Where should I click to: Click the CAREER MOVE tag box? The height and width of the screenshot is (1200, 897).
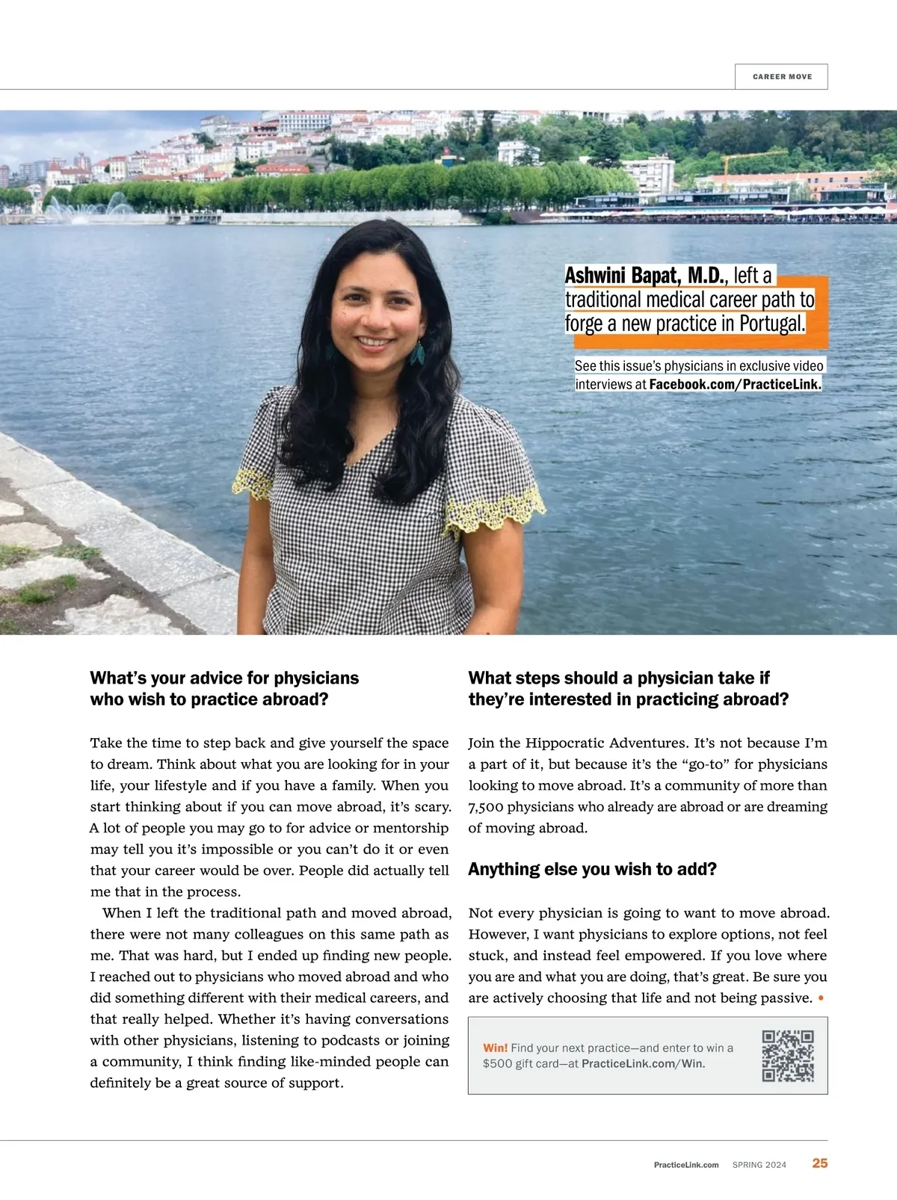(781, 76)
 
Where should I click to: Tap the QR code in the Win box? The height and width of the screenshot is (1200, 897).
(788, 1055)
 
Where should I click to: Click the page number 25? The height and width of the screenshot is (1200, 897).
(820, 1163)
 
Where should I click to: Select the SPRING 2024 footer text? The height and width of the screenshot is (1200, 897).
(759, 1165)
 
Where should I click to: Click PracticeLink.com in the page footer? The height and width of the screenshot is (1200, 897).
(686, 1165)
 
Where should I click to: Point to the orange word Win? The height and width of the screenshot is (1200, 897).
(495, 1048)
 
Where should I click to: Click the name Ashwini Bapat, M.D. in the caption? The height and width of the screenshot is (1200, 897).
(644, 276)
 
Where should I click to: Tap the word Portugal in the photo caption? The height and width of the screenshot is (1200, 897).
(772, 324)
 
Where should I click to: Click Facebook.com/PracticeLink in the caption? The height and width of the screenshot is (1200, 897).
(735, 384)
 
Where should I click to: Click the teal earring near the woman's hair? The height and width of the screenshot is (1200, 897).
(416, 353)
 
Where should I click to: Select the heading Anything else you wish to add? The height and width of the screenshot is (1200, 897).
(592, 869)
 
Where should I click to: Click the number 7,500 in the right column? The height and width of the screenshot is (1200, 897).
(486, 807)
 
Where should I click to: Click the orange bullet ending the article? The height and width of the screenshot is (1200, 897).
(822, 998)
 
